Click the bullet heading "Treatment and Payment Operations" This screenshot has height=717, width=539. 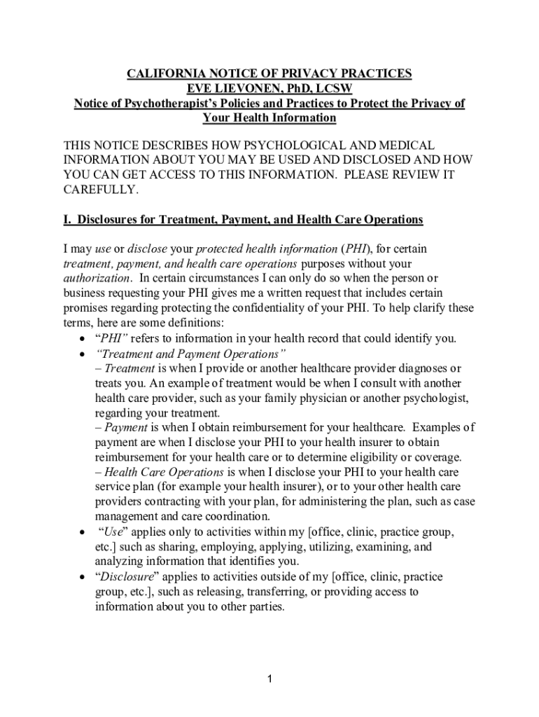(190, 353)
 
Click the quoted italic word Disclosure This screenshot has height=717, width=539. (128, 577)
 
